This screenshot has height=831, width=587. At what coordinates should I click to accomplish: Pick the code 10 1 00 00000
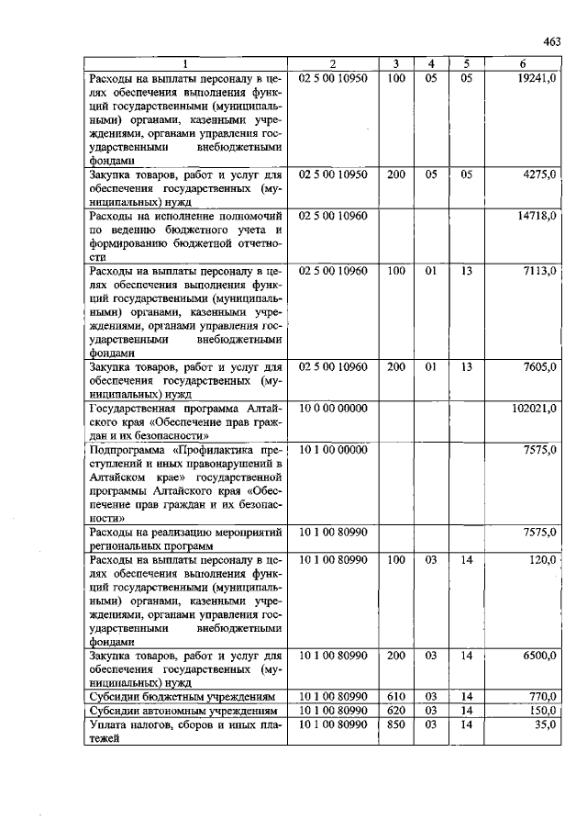click(333, 450)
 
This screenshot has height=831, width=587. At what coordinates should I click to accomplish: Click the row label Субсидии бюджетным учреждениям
click(183, 697)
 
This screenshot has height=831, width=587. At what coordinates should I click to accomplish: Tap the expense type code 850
click(396, 724)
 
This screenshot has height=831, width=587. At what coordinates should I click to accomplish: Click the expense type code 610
click(396, 697)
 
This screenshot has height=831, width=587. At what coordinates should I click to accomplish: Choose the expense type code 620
click(396, 711)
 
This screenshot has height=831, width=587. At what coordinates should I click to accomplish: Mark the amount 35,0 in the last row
click(546, 724)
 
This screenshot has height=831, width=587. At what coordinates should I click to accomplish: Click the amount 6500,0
click(540, 656)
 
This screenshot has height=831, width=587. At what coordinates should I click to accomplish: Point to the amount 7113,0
click(540, 271)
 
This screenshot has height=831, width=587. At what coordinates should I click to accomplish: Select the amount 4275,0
click(540, 174)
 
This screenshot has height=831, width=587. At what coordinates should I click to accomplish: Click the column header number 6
click(522, 63)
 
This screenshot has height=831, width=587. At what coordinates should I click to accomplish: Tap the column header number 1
click(184, 63)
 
